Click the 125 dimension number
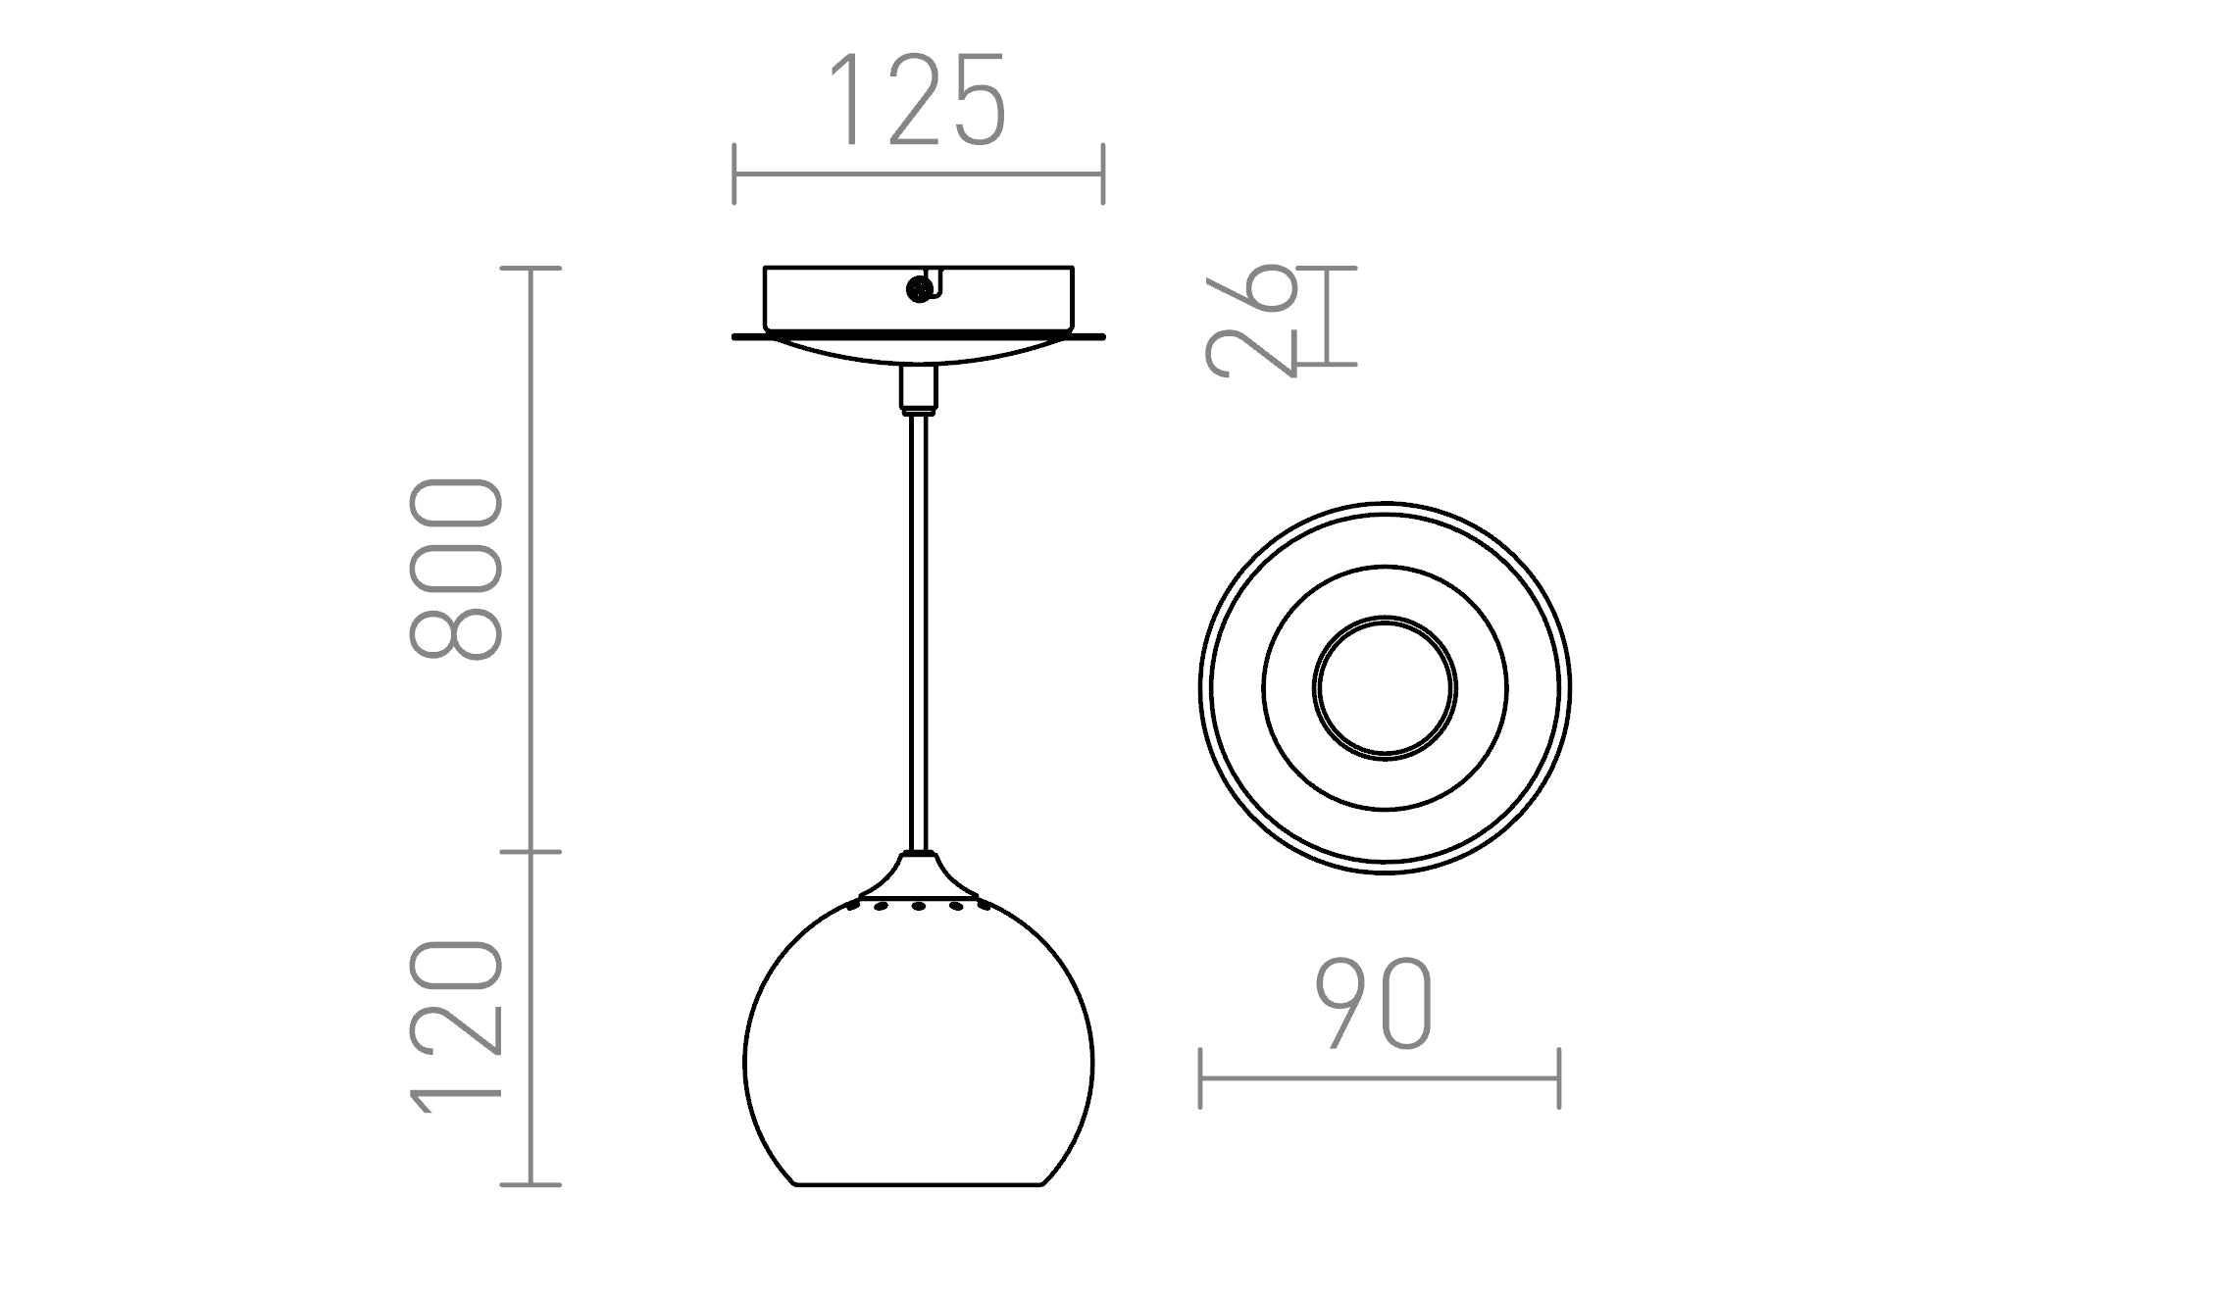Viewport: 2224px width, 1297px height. [919, 101]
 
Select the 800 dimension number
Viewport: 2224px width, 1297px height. [456, 569]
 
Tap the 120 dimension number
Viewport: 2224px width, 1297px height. [456, 1026]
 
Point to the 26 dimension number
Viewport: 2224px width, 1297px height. [1252, 320]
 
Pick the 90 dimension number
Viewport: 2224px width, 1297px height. [1374, 1005]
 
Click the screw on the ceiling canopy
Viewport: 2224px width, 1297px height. [919, 289]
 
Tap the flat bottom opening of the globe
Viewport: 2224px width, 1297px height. [918, 1184]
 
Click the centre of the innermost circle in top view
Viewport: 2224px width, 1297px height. [1385, 687]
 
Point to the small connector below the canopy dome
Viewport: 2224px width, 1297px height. [919, 388]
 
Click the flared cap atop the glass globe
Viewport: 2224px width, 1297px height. [919, 875]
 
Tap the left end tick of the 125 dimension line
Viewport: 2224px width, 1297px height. [734, 175]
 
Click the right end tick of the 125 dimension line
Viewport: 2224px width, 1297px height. [1103, 175]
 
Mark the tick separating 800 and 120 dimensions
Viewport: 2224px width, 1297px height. [531, 852]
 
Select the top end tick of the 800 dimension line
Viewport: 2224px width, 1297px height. [531, 268]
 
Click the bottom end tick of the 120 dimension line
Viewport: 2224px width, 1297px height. [531, 1184]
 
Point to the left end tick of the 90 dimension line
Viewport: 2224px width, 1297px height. [1200, 1078]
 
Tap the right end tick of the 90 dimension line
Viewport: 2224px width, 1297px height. [1559, 1078]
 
